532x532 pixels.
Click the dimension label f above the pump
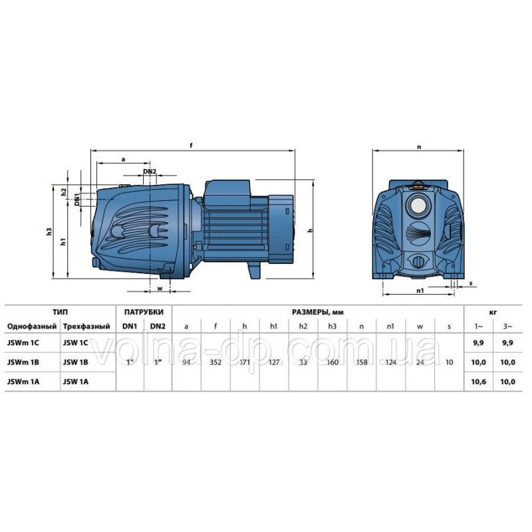pyautogui.click(x=192, y=146)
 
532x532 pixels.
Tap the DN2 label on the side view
pyautogui.click(x=149, y=172)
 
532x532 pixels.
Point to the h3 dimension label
pyautogui.click(x=49, y=231)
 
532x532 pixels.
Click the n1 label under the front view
pyautogui.click(x=420, y=291)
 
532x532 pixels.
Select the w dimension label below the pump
pyautogui.click(x=160, y=289)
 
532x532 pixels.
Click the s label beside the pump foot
pyautogui.click(x=471, y=283)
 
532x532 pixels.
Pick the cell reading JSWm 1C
pyautogui.click(x=23, y=342)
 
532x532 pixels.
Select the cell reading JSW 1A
pyautogui.click(x=75, y=382)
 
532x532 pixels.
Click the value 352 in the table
pyautogui.click(x=215, y=362)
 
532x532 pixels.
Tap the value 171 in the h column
pyautogui.click(x=245, y=362)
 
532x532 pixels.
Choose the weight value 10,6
pyautogui.click(x=478, y=382)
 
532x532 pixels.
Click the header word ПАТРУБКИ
pyautogui.click(x=144, y=312)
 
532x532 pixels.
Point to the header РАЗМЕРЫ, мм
pyautogui.click(x=318, y=312)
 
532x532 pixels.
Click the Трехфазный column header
pyautogui.click(x=86, y=327)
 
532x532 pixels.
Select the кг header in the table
pyautogui.click(x=493, y=312)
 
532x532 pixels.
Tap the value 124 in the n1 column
pyautogui.click(x=391, y=362)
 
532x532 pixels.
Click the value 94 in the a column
pyautogui.click(x=186, y=362)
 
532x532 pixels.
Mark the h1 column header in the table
pyautogui.click(x=273, y=327)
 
